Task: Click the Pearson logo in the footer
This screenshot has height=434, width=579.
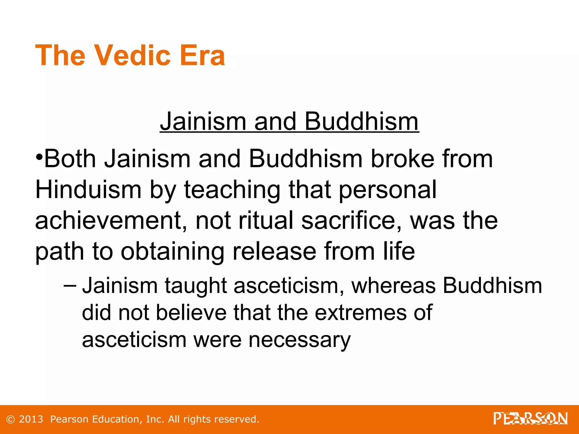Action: pos(530,418)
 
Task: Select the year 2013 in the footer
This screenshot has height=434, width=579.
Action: pos(31,419)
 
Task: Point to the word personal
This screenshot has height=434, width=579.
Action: pos(388,190)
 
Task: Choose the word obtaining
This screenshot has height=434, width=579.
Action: pos(172,251)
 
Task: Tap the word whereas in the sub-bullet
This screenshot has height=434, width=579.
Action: pos(393,286)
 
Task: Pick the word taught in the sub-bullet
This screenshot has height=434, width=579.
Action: pos(196,286)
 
